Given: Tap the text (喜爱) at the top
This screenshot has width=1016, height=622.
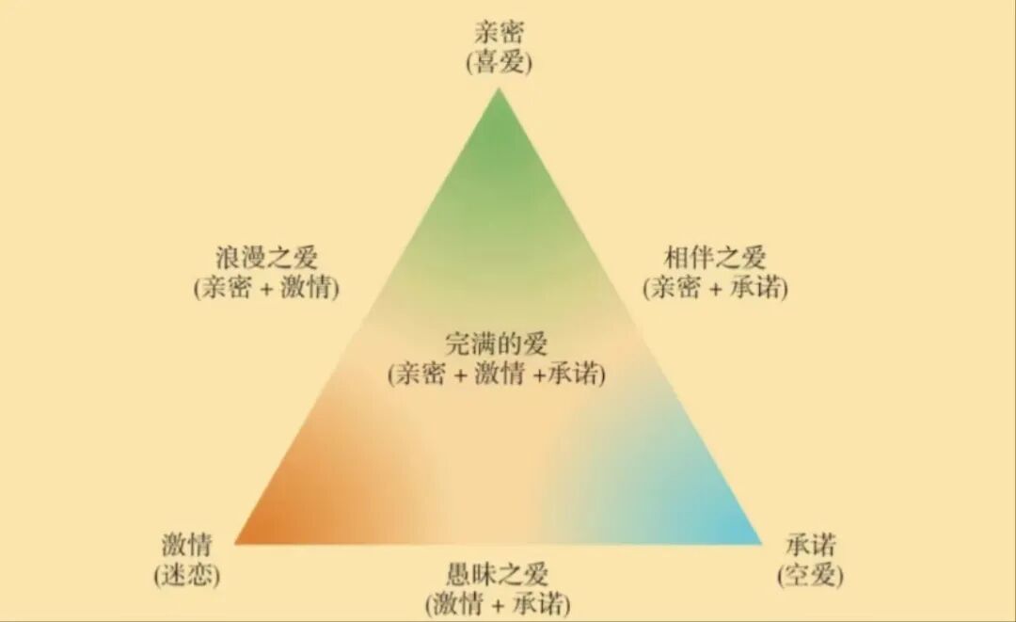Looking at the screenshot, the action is [499, 63].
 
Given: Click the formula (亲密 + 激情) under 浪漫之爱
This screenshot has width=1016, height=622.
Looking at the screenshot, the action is [266, 288].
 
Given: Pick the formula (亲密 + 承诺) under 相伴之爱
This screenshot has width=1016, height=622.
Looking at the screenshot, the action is [715, 288].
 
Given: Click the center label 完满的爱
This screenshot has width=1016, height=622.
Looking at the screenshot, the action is [497, 343].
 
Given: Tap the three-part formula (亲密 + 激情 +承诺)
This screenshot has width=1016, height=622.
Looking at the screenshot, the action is [497, 374].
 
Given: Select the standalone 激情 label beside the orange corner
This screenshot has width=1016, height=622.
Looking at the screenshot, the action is [186, 546].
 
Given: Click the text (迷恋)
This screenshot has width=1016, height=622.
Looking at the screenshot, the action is [186, 575].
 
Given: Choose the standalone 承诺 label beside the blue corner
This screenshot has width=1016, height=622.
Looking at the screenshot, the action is [810, 546].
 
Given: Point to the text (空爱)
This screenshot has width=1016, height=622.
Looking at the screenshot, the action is [810, 575].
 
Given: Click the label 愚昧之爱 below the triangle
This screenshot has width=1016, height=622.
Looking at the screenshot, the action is [498, 573].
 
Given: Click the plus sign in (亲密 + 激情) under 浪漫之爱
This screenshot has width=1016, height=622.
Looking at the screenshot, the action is [267, 289].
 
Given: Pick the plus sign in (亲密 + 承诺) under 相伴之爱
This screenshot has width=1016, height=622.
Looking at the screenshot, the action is [716, 289].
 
